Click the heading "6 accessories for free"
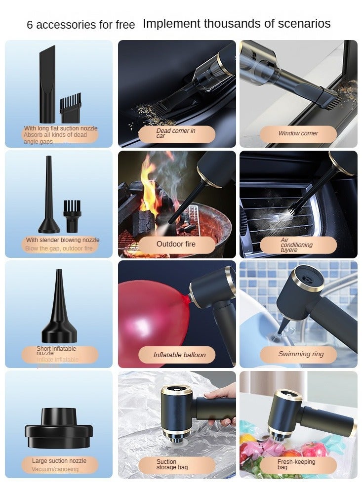[x=80, y=25]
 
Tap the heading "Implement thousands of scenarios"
[x=237, y=24]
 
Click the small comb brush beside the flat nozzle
[x=70, y=110]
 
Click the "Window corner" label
[x=298, y=133]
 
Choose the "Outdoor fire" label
[x=176, y=244]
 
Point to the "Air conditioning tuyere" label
[x=297, y=245]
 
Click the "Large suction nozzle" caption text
[x=59, y=461]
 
